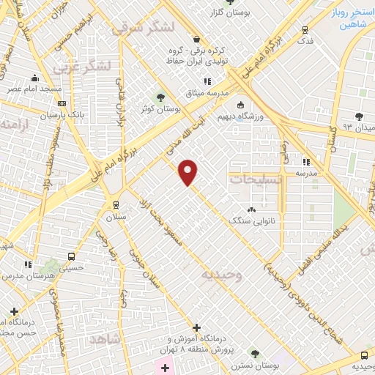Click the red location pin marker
pyautogui.click(x=188, y=173)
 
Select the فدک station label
pyautogui.click(x=305, y=40)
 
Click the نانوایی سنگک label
pyautogui.click(x=250, y=219)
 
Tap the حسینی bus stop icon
pyautogui.click(x=70, y=256)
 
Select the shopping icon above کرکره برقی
pyautogui.click(x=196, y=39)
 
